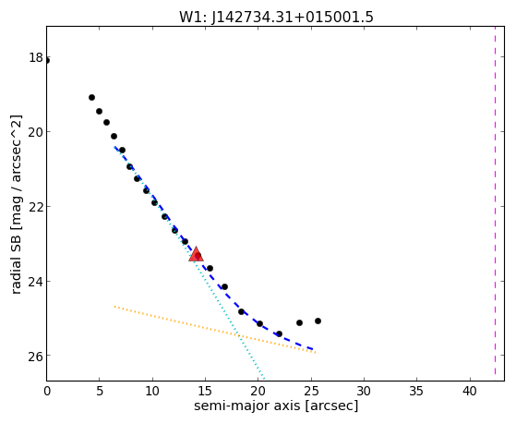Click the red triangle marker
tap(196, 254)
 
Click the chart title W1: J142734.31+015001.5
tap(276, 17)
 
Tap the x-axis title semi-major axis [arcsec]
tap(276, 406)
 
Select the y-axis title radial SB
tap(16, 260)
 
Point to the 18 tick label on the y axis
tap(36, 57)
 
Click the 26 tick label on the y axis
tap(36, 357)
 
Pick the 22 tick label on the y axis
tap(36, 207)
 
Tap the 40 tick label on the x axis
tap(470, 391)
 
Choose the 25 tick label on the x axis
tap(311, 391)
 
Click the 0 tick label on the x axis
tap(47, 391)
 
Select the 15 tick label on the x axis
tap(205, 391)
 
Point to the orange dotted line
tap(216, 330)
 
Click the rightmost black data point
tap(318, 321)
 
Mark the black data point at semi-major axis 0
tap(47, 60)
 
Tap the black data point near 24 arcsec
tap(299, 322)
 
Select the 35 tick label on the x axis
tap(416, 391)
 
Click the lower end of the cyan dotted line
tap(264, 379)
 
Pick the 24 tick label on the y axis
tap(36, 282)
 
